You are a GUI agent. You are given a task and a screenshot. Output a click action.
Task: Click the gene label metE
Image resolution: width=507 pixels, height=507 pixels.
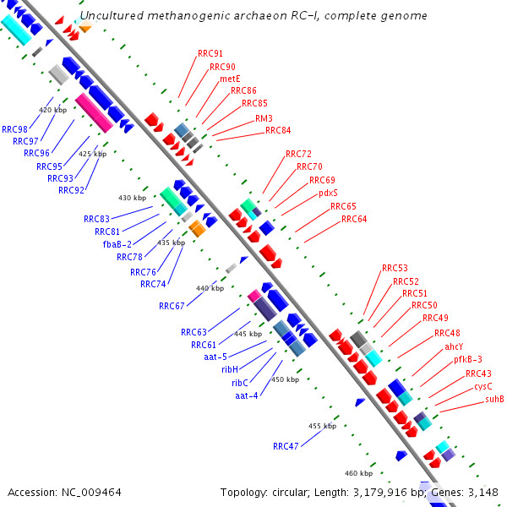[230, 79]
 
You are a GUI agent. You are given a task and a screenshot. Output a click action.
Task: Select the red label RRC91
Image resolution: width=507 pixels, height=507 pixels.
[210, 54]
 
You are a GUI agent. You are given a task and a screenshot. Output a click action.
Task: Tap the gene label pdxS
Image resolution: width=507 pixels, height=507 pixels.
[328, 193]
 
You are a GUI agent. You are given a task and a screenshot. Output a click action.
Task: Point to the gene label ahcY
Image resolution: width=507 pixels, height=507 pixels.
[454, 346]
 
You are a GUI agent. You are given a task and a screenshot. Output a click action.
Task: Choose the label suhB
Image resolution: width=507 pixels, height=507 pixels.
[494, 400]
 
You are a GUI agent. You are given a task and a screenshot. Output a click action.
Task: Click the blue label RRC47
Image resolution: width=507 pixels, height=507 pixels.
[286, 445]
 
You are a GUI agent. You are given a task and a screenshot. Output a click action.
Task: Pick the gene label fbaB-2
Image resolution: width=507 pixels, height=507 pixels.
[117, 244]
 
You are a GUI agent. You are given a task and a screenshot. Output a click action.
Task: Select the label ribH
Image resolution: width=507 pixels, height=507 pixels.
[230, 369]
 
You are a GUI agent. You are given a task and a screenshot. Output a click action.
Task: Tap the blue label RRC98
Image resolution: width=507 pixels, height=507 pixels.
[14, 129]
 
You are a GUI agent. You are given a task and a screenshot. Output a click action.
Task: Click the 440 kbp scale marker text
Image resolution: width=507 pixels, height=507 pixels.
[210, 288]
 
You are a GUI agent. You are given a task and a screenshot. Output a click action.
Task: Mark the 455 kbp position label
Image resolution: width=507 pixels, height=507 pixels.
[322, 426]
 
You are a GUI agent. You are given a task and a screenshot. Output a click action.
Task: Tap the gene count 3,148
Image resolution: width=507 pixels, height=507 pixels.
[480, 492]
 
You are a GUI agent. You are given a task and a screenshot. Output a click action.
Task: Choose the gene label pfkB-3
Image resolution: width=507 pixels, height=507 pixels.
[468, 359]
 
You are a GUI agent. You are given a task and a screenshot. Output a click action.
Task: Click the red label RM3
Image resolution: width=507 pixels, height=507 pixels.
[264, 118]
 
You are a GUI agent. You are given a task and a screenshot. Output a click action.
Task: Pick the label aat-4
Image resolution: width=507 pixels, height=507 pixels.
[247, 395]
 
